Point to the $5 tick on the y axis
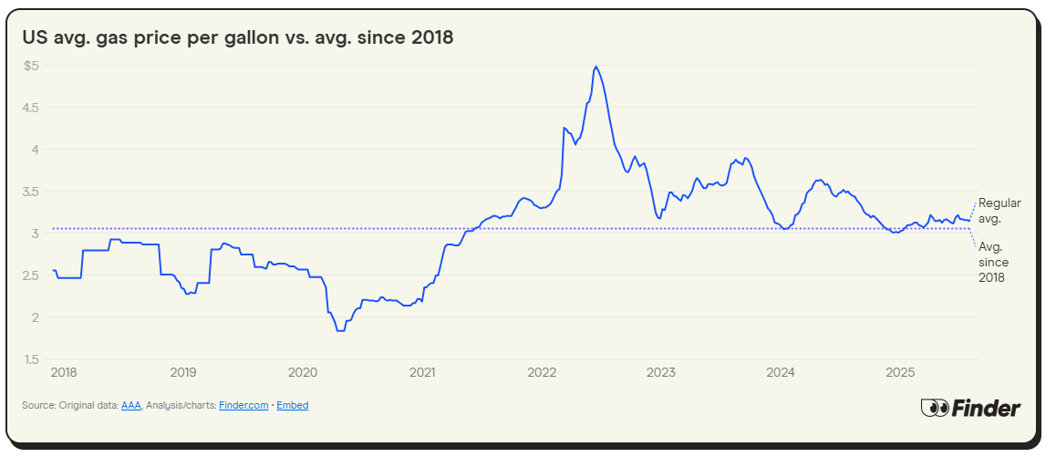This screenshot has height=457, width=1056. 32,66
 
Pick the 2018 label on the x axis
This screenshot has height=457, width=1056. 64,372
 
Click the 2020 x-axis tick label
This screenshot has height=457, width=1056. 303,372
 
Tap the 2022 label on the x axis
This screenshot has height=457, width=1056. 542,372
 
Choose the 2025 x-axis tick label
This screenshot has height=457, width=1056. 900,372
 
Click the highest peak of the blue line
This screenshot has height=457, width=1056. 595,67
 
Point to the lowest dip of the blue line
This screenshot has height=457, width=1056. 340,330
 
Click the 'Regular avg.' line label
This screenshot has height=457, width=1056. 999,211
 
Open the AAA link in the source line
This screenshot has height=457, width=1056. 131,405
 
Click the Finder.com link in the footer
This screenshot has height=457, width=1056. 243,405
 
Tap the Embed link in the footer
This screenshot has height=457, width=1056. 293,405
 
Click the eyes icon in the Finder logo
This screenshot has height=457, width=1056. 935,408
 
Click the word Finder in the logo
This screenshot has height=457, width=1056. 987,408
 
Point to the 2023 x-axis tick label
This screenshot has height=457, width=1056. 661,372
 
